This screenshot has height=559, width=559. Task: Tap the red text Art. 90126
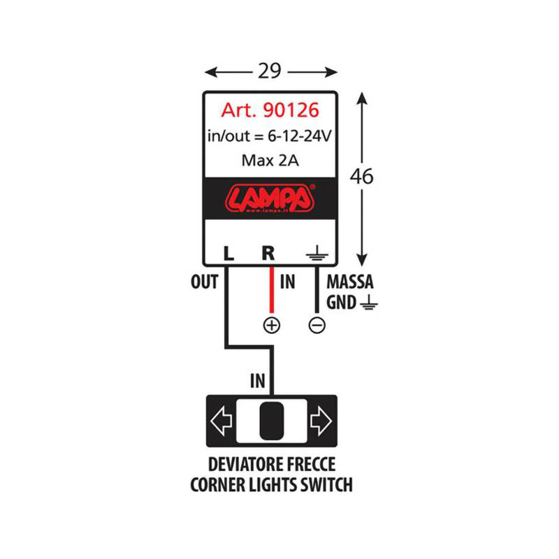click(x=270, y=111)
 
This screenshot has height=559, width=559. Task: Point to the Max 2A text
click(x=270, y=160)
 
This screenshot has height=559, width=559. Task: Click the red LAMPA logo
click(x=270, y=198)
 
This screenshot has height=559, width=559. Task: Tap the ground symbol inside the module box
click(x=316, y=254)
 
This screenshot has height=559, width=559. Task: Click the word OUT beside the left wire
click(x=204, y=283)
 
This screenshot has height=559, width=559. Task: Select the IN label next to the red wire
click(x=287, y=283)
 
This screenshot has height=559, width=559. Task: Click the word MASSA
click(x=350, y=283)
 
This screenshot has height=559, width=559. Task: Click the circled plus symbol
click(x=270, y=325)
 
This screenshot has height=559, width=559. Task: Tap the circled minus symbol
click(x=317, y=325)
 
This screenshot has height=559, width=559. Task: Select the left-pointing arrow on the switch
click(x=222, y=421)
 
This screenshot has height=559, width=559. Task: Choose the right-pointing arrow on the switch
click(x=320, y=421)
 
